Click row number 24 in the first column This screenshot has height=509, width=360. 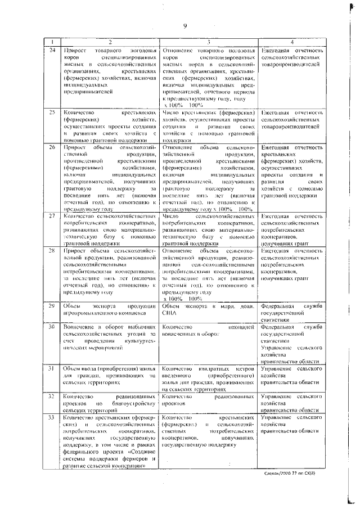[52, 52]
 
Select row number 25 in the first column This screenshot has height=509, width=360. [52, 112]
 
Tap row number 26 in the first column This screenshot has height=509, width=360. [52, 147]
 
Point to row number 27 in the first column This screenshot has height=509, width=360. [52, 215]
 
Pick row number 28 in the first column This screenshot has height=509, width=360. [52, 250]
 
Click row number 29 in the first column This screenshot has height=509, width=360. [52, 305]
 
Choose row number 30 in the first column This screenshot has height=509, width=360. [52, 326]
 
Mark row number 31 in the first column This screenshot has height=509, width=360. [52, 368]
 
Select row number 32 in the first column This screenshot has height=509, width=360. [52, 396]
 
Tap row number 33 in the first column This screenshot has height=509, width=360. [52, 417]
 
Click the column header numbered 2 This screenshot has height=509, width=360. [110, 43]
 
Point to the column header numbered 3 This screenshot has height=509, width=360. [208, 43]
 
